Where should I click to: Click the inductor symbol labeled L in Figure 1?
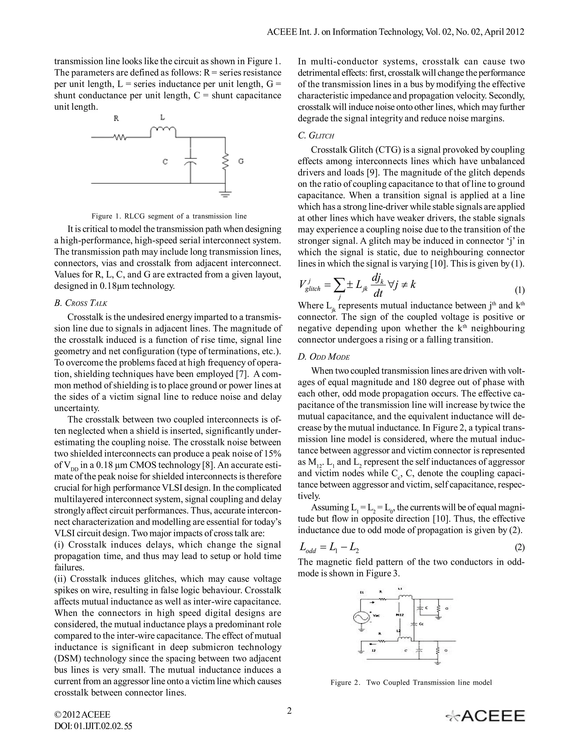click(163, 132)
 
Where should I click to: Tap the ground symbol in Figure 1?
click(226, 195)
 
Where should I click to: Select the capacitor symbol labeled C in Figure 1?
click(190, 161)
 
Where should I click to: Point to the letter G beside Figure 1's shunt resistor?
click(241, 161)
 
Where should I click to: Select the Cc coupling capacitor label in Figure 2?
click(422, 623)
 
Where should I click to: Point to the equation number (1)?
click(519, 290)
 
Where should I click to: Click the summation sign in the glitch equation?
click(339, 285)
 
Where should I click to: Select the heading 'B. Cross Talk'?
click(81, 303)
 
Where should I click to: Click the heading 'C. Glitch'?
click(316, 135)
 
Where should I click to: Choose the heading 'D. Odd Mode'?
click(323, 357)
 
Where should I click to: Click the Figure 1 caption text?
click(169, 216)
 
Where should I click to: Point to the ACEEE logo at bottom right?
click(485, 716)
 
